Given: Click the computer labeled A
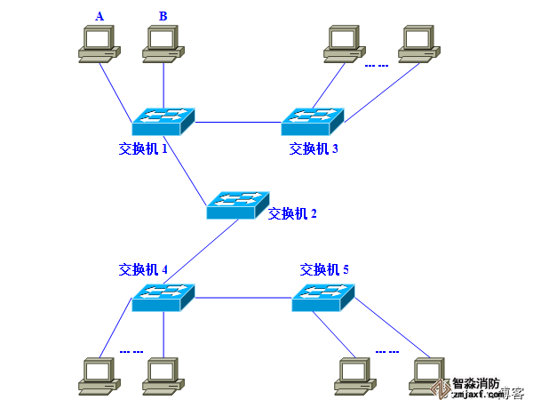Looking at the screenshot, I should click(x=98, y=44).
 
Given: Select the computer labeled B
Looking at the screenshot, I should click(x=163, y=44).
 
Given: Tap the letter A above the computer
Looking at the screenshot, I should click(x=99, y=16).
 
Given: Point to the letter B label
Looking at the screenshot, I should click(x=163, y=16).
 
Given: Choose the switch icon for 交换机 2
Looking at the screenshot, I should click(x=237, y=205).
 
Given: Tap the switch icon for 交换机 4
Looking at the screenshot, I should click(x=163, y=297).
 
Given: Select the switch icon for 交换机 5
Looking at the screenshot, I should click(x=323, y=297).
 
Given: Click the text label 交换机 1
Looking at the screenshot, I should click(x=143, y=148).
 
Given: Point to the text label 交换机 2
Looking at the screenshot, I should click(x=292, y=213).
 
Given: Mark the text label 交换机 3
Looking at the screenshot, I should click(x=314, y=148).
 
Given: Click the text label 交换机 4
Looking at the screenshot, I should click(x=143, y=269).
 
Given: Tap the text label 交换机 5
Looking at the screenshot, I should click(x=324, y=269).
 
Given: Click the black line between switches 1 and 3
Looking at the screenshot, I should click(x=238, y=121).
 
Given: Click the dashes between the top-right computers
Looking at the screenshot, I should click(x=377, y=64).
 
